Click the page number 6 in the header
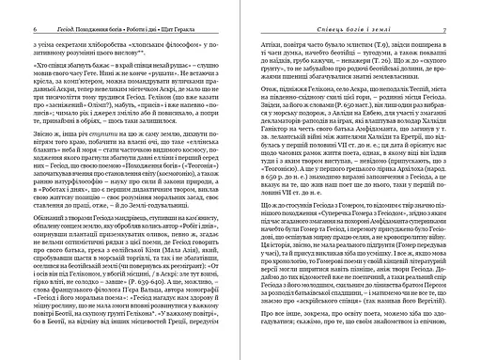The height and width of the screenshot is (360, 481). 13,6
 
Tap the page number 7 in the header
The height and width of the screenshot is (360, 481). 468,6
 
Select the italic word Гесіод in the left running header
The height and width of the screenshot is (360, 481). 43,6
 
